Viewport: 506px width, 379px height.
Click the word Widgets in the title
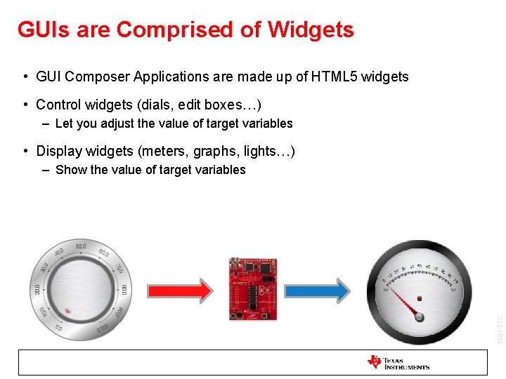tap(311, 29)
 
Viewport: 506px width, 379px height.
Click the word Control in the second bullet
tap(58, 105)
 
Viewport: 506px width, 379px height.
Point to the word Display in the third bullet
tap(58, 151)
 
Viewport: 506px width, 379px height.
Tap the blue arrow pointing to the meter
tap(316, 290)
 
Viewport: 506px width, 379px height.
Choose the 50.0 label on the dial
tap(80, 246)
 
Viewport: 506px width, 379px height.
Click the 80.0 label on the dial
tap(124, 289)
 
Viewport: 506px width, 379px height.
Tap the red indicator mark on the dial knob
tap(67, 310)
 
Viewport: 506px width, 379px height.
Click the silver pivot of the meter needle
tap(420, 317)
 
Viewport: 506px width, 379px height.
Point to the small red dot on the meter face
tap(420, 300)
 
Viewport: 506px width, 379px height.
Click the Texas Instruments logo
tap(398, 362)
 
